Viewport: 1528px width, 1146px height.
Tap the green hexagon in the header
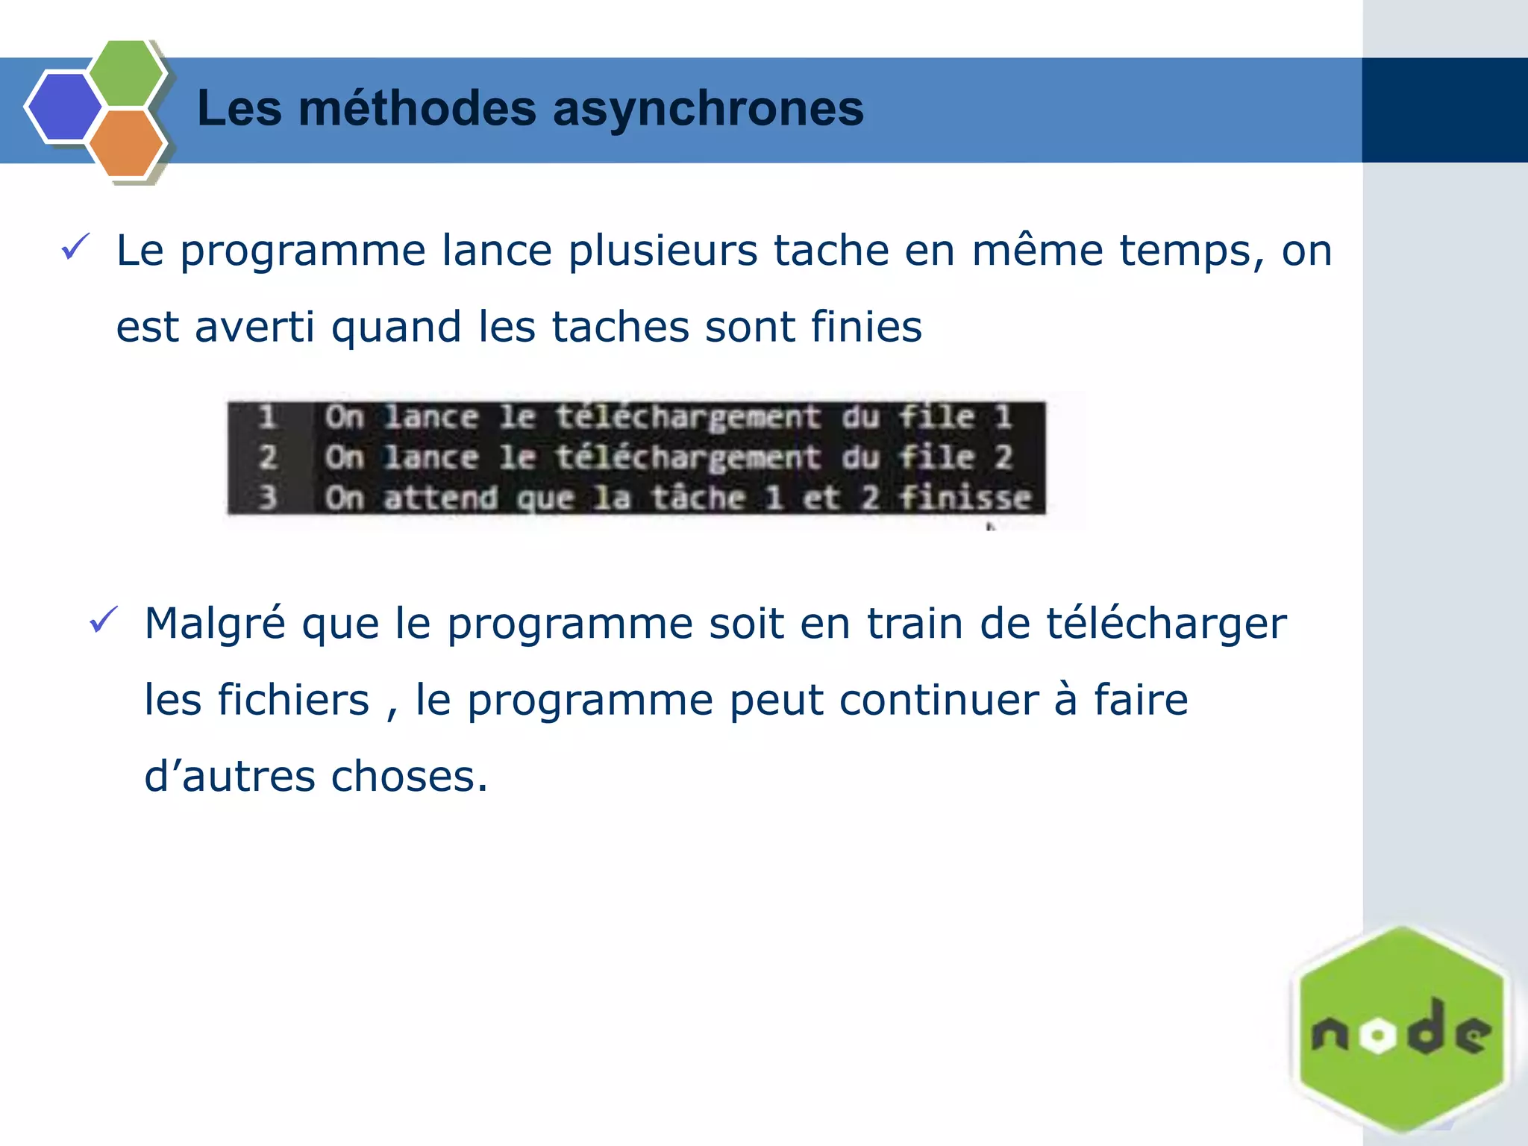point(126,74)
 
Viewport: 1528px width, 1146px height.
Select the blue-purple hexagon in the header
point(64,107)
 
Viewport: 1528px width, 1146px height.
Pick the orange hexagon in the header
point(126,143)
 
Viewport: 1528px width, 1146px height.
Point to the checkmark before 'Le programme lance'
point(75,246)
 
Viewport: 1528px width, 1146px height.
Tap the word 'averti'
point(254,327)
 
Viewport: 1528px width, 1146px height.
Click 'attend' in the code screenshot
point(440,497)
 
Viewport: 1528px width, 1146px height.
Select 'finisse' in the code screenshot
point(964,497)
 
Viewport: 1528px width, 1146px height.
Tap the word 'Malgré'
point(214,624)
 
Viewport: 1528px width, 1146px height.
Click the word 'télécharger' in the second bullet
point(1165,624)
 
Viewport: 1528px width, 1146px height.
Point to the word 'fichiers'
point(292,700)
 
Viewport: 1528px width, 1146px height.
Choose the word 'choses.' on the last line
point(409,777)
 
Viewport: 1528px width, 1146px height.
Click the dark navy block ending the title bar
point(1444,110)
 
